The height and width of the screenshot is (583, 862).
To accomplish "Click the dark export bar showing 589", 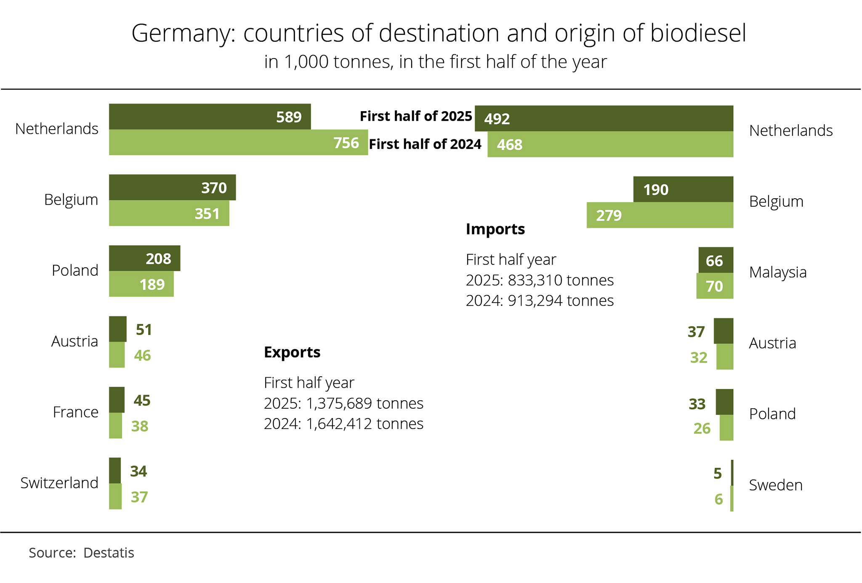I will click(210, 117).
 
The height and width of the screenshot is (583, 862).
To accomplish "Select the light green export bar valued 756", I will click(238, 143).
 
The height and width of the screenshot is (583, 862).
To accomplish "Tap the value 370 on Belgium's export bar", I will click(214, 188).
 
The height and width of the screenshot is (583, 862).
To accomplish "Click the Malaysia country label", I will click(778, 272).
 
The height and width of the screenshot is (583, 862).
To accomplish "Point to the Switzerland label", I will click(59, 483).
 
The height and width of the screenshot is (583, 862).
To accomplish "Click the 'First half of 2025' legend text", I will click(416, 116).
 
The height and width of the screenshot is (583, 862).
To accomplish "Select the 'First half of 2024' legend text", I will click(425, 144).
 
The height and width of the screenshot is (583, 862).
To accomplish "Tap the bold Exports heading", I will click(292, 352).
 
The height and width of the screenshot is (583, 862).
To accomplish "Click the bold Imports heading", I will click(495, 229).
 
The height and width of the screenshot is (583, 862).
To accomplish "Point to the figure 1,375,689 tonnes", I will click(364, 403).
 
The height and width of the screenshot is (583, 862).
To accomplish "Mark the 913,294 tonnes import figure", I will click(561, 301).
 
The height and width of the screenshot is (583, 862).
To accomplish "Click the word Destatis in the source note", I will click(109, 553).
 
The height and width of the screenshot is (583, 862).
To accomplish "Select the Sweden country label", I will click(776, 485).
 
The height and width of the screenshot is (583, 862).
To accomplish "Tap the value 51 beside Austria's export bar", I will click(144, 330).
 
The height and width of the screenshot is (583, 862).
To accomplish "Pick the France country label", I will click(76, 412).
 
